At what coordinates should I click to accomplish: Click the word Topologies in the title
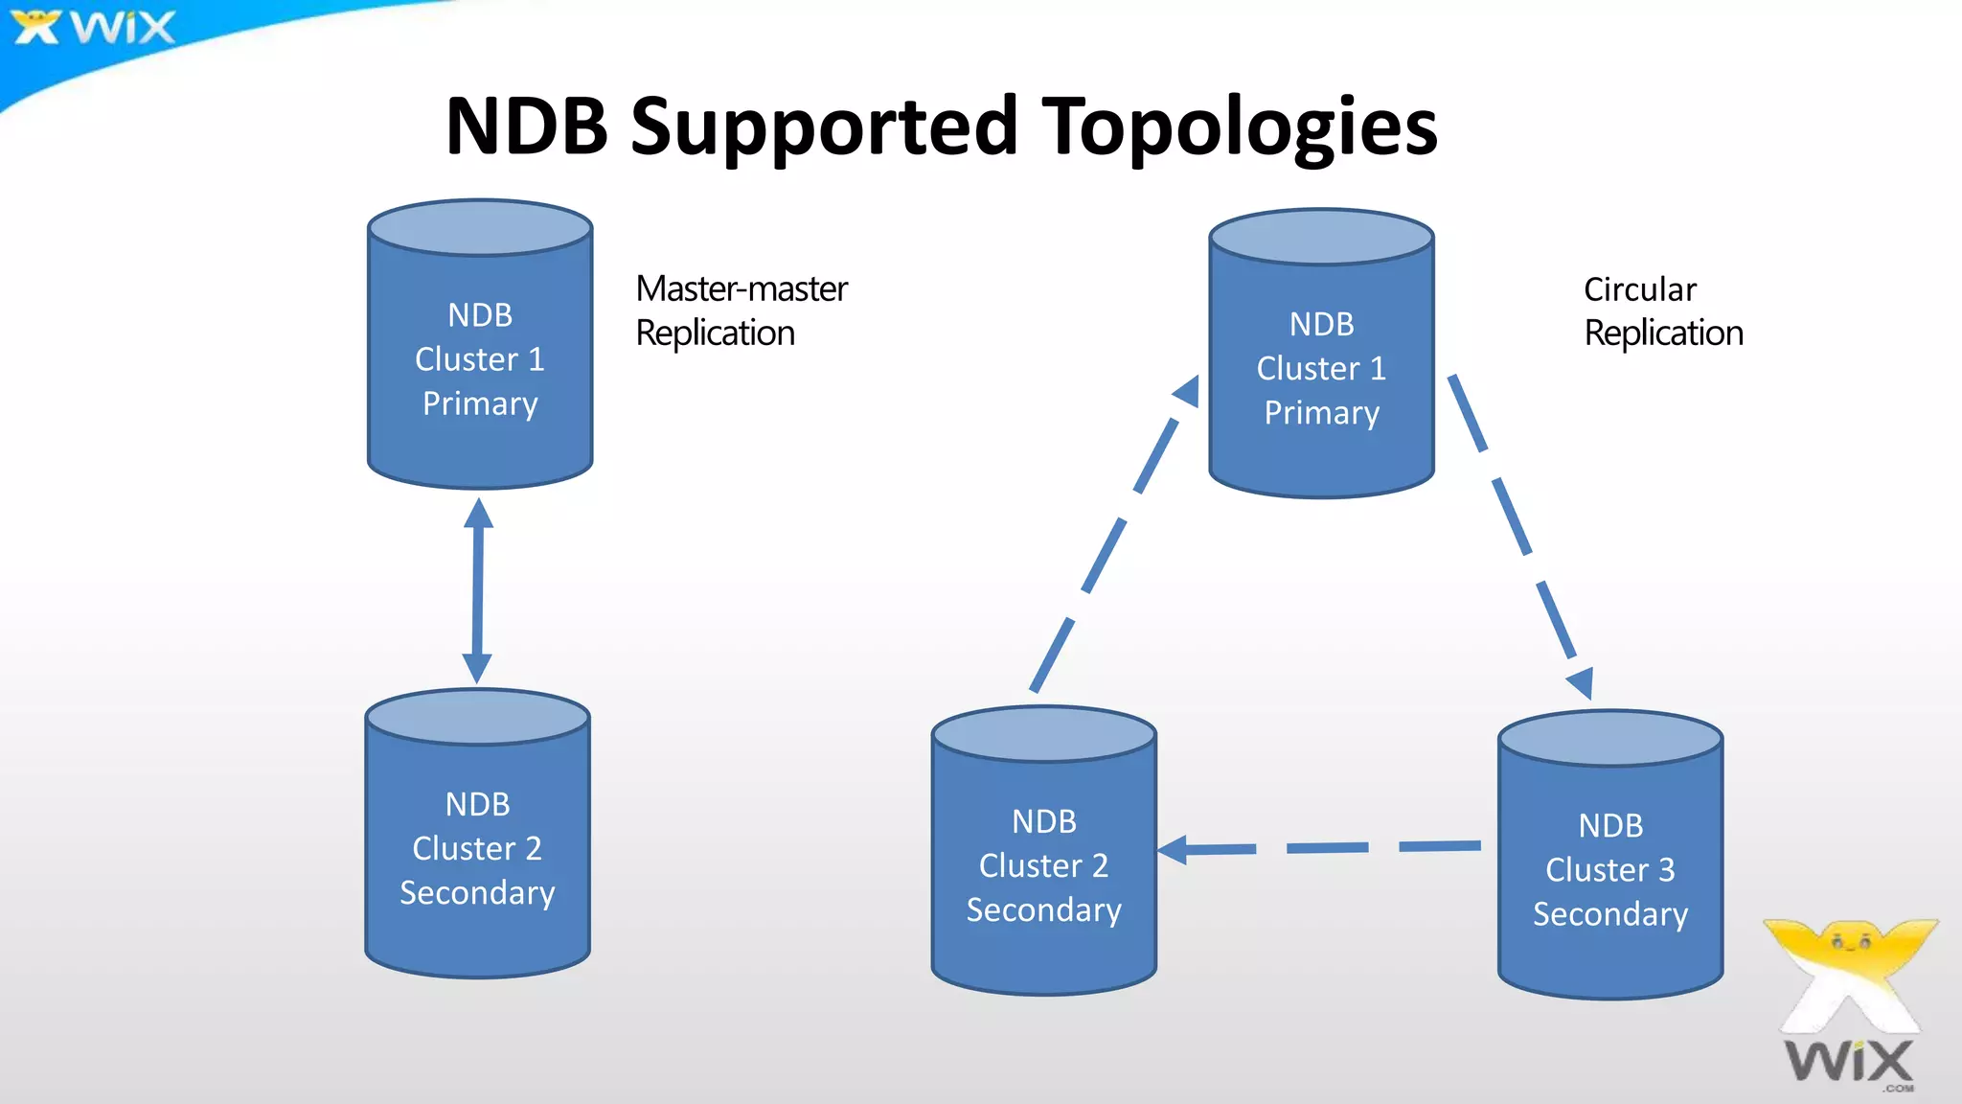pyautogui.click(x=1240, y=126)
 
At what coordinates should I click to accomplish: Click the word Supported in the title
pyautogui.click(x=824, y=126)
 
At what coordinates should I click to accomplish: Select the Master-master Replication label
pyautogui.click(x=741, y=310)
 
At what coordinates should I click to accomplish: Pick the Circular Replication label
pyautogui.click(x=1663, y=310)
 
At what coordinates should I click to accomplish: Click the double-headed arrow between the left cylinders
pyautogui.click(x=477, y=590)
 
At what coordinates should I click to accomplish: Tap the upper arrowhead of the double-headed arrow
pyautogui.click(x=478, y=515)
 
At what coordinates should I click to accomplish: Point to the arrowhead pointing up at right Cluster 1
pyautogui.click(x=1188, y=391)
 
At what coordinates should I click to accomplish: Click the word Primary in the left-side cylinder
pyautogui.click(x=480, y=403)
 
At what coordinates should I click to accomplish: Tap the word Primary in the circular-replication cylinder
pyautogui.click(x=1321, y=413)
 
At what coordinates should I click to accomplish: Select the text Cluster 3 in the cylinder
pyautogui.click(x=1609, y=869)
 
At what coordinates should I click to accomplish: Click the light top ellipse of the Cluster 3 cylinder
pyautogui.click(x=1609, y=738)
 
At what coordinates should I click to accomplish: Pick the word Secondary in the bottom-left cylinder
pyautogui.click(x=477, y=893)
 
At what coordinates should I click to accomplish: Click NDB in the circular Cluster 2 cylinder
pyautogui.click(x=1043, y=821)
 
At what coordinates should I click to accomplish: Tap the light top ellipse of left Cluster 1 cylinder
pyautogui.click(x=480, y=228)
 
